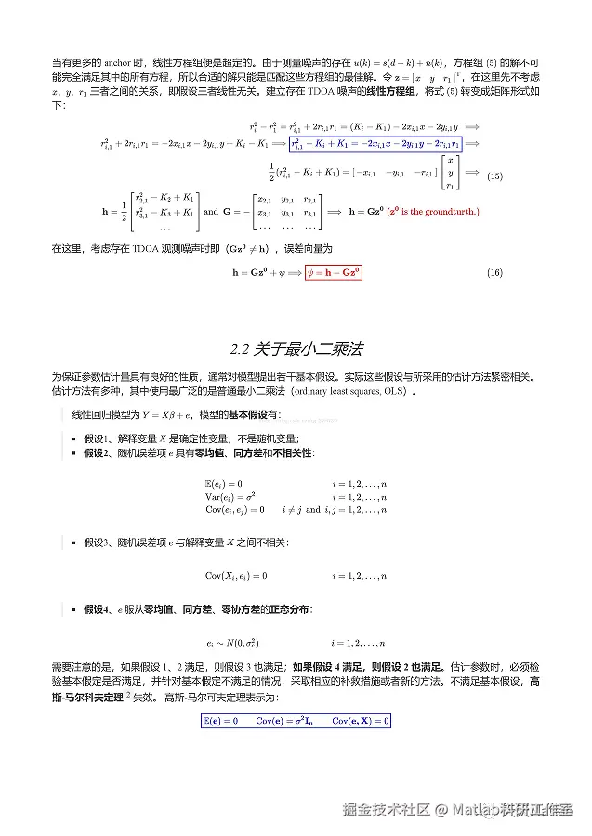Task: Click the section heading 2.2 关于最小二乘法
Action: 296,349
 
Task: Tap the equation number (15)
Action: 494,176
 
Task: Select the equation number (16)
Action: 494,272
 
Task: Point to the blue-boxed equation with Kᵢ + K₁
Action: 375,144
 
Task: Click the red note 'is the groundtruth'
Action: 433,212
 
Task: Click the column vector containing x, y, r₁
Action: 451,173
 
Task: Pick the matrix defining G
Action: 286,212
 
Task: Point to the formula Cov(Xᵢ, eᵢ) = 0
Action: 236,576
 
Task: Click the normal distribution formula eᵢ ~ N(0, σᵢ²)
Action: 232,643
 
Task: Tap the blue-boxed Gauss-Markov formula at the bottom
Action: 296,721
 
